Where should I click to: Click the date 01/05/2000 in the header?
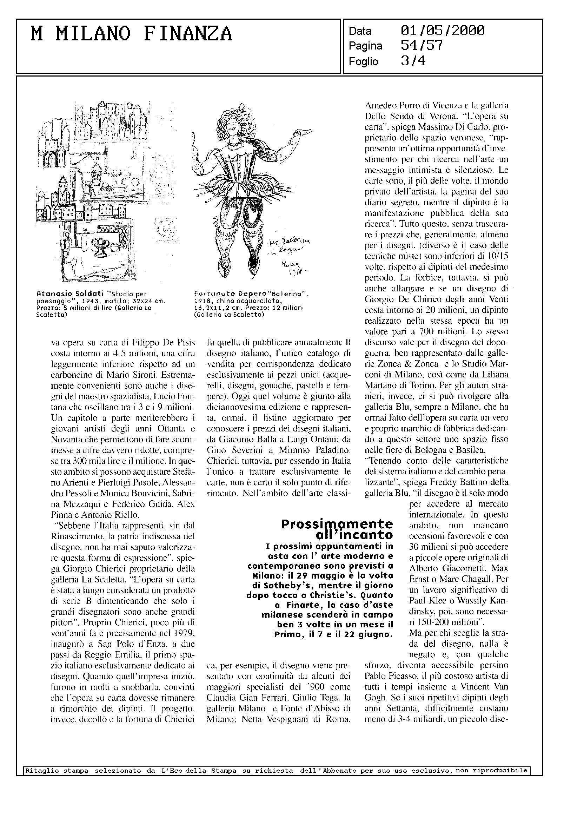pyautogui.click(x=442, y=31)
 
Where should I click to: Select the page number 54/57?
pyautogui.click(x=422, y=46)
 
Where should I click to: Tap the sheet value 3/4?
pyautogui.click(x=413, y=61)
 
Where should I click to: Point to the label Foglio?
pyautogui.click(x=363, y=62)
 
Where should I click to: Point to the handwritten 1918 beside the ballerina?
pyautogui.click(x=294, y=271)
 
